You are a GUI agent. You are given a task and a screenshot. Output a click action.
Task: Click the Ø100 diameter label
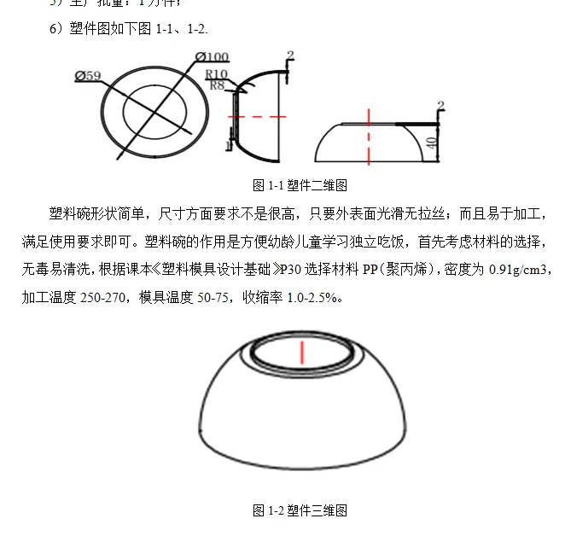[x=212, y=57]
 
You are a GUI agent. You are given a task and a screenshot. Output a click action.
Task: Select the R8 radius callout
[x=216, y=85]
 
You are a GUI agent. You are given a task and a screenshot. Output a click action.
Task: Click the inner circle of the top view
[x=154, y=109]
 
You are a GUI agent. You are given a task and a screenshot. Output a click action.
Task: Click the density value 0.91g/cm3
[x=520, y=270]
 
